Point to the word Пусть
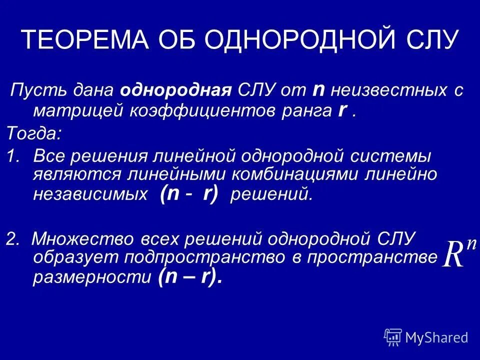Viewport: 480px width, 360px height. [34, 91]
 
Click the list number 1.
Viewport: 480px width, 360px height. [13, 156]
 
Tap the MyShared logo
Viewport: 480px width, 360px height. [426, 337]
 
